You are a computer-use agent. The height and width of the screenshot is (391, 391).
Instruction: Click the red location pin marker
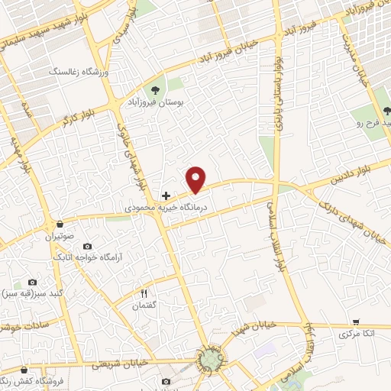tap(197, 179)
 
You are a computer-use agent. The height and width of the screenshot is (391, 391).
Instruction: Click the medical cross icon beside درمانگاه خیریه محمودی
tap(166, 195)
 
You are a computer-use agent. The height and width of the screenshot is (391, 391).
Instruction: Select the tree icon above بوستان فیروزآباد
tap(160, 88)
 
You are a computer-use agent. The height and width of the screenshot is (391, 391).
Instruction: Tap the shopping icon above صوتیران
tap(59, 225)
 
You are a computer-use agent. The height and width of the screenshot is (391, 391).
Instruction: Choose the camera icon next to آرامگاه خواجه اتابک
tap(87, 247)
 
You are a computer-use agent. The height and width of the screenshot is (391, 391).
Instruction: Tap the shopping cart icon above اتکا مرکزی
tap(357, 322)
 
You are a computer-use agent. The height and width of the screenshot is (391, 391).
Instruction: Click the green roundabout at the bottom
tap(210, 357)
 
